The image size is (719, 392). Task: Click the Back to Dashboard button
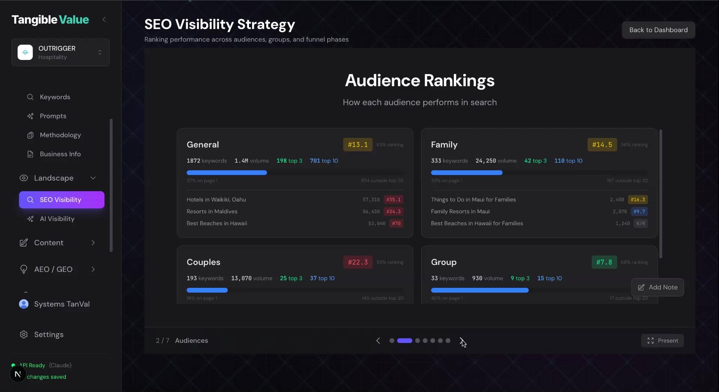pos(658,30)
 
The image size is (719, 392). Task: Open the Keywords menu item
pos(55,97)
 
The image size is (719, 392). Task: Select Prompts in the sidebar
pos(53,116)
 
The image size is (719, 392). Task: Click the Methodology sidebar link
pos(60,135)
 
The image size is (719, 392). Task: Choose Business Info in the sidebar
pos(60,154)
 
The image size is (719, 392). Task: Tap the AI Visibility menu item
pos(57,219)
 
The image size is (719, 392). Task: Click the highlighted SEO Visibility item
pos(61,200)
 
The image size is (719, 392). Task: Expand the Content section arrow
pos(93,243)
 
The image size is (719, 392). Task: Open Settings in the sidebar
pos(49,334)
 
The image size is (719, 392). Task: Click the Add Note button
pos(657,287)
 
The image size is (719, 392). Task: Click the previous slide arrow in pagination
pos(378,341)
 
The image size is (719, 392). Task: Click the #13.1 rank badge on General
pos(358,145)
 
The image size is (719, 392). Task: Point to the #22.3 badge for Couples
pos(358,262)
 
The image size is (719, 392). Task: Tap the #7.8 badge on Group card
pos(604,262)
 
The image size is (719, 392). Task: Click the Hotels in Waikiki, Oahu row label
pos(216,200)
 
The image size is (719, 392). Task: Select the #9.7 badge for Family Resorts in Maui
pos(639,212)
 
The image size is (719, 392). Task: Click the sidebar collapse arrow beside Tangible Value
pos(104,19)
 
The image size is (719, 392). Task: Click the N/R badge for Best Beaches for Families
pos(640,223)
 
